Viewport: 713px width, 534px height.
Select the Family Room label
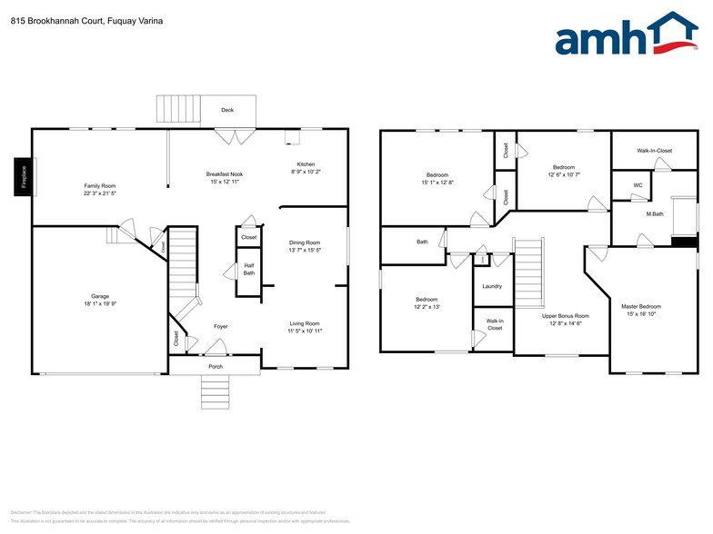tap(100, 185)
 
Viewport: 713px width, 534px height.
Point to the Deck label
tap(227, 111)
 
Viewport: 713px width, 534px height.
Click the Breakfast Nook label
tap(224, 173)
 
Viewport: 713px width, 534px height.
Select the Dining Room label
tap(305, 242)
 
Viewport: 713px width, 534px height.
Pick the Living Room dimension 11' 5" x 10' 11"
tap(306, 331)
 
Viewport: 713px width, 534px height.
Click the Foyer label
tap(221, 326)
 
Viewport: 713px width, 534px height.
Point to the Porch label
tap(216, 367)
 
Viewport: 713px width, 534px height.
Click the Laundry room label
tap(492, 286)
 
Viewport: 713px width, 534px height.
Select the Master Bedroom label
tap(641, 307)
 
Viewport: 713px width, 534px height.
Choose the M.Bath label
tap(654, 214)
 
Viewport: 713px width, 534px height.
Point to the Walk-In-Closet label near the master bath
tap(654, 150)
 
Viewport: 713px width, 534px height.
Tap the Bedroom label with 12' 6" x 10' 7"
tap(564, 167)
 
